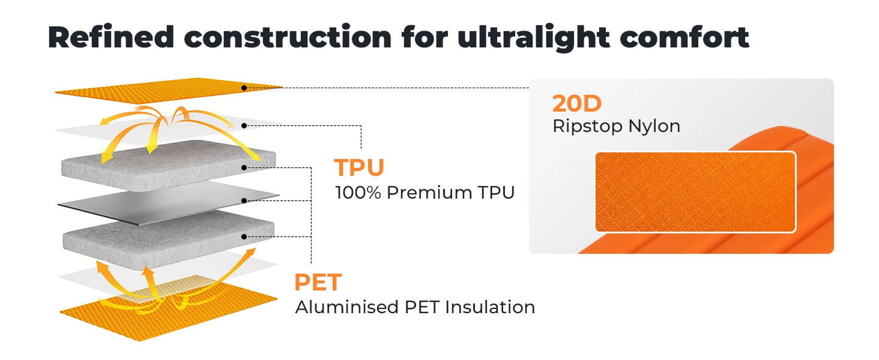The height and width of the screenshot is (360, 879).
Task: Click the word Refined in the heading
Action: tap(111, 37)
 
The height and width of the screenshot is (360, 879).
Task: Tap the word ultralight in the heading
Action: tap(533, 38)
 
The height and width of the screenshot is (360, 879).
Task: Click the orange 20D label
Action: tap(577, 103)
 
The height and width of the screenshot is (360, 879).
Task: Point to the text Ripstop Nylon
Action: tap(616, 126)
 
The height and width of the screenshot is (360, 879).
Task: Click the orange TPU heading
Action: tap(359, 167)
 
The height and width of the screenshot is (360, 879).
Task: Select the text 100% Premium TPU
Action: tap(425, 193)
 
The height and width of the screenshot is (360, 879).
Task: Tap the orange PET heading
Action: tap(318, 282)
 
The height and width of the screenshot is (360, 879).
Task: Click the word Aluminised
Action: tap(347, 307)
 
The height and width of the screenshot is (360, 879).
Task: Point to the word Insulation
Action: tap(490, 307)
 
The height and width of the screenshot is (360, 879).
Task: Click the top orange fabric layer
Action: tap(169, 91)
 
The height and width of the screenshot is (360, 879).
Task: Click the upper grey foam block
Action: tap(169, 165)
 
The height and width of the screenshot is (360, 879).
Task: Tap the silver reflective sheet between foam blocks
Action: tap(169, 204)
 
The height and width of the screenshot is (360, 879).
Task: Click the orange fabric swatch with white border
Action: tap(695, 192)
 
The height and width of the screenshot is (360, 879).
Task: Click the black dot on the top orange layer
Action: tap(244, 88)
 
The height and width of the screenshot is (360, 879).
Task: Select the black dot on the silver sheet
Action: tap(244, 201)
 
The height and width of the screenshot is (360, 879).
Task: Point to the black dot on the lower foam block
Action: tap(244, 237)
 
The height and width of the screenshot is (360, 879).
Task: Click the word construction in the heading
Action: tap(288, 37)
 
